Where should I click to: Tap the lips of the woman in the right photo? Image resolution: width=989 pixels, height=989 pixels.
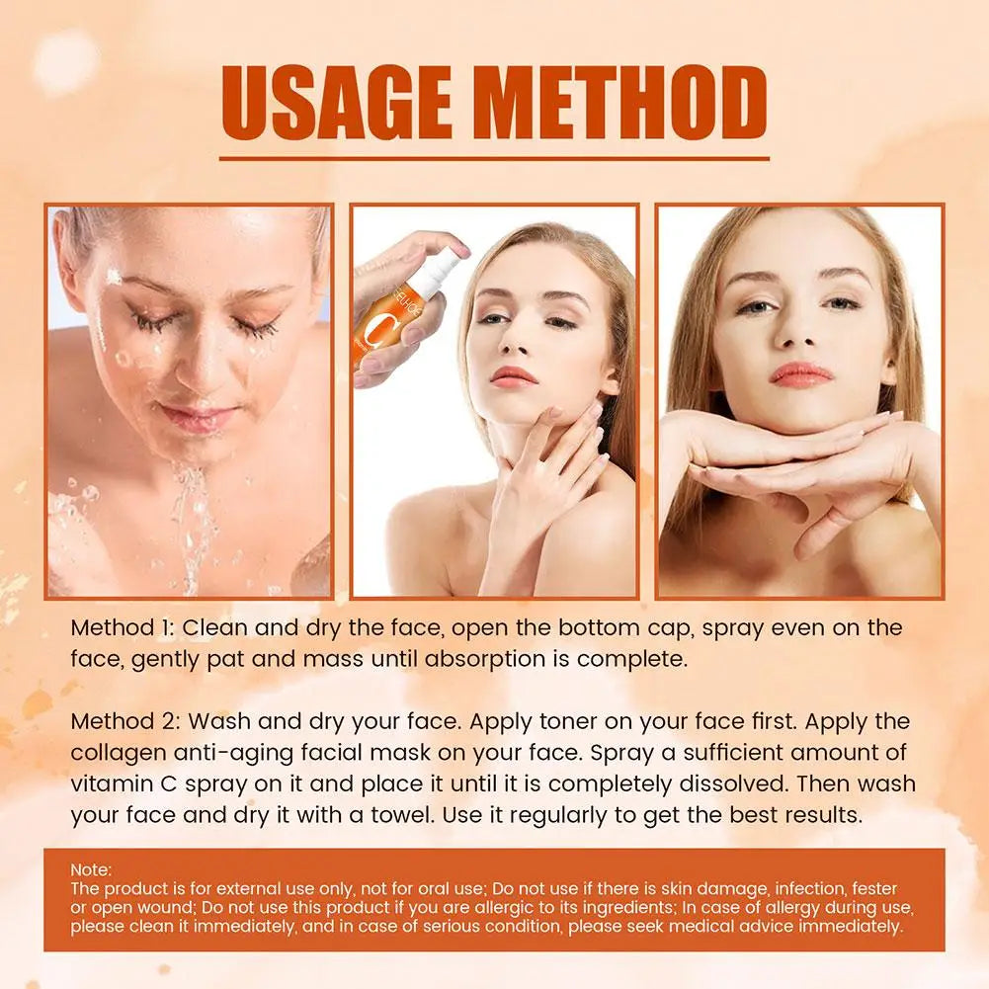[801, 373]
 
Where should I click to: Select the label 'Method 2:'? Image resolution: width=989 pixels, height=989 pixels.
[123, 721]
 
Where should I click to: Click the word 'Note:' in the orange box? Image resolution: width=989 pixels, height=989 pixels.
[91, 870]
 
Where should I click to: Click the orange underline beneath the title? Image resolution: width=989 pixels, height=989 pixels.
[494, 157]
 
